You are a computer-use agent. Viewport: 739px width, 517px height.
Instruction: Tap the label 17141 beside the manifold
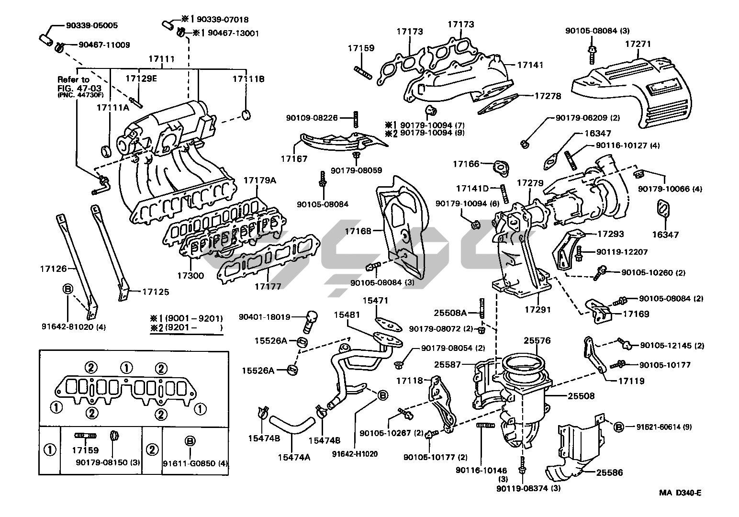point(530,65)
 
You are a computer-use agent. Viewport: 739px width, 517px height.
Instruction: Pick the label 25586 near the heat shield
point(609,472)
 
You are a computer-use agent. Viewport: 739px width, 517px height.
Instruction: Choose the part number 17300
point(190,276)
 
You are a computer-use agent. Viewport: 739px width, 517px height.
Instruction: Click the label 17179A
point(260,180)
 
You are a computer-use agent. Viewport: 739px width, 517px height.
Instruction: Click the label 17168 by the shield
point(358,231)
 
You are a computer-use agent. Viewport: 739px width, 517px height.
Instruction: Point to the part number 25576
point(537,341)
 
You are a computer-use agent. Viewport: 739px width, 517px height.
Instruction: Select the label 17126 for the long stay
point(53,269)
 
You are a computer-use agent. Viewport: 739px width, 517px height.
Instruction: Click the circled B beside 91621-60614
point(618,427)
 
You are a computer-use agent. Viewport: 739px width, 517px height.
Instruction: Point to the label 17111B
point(248,79)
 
